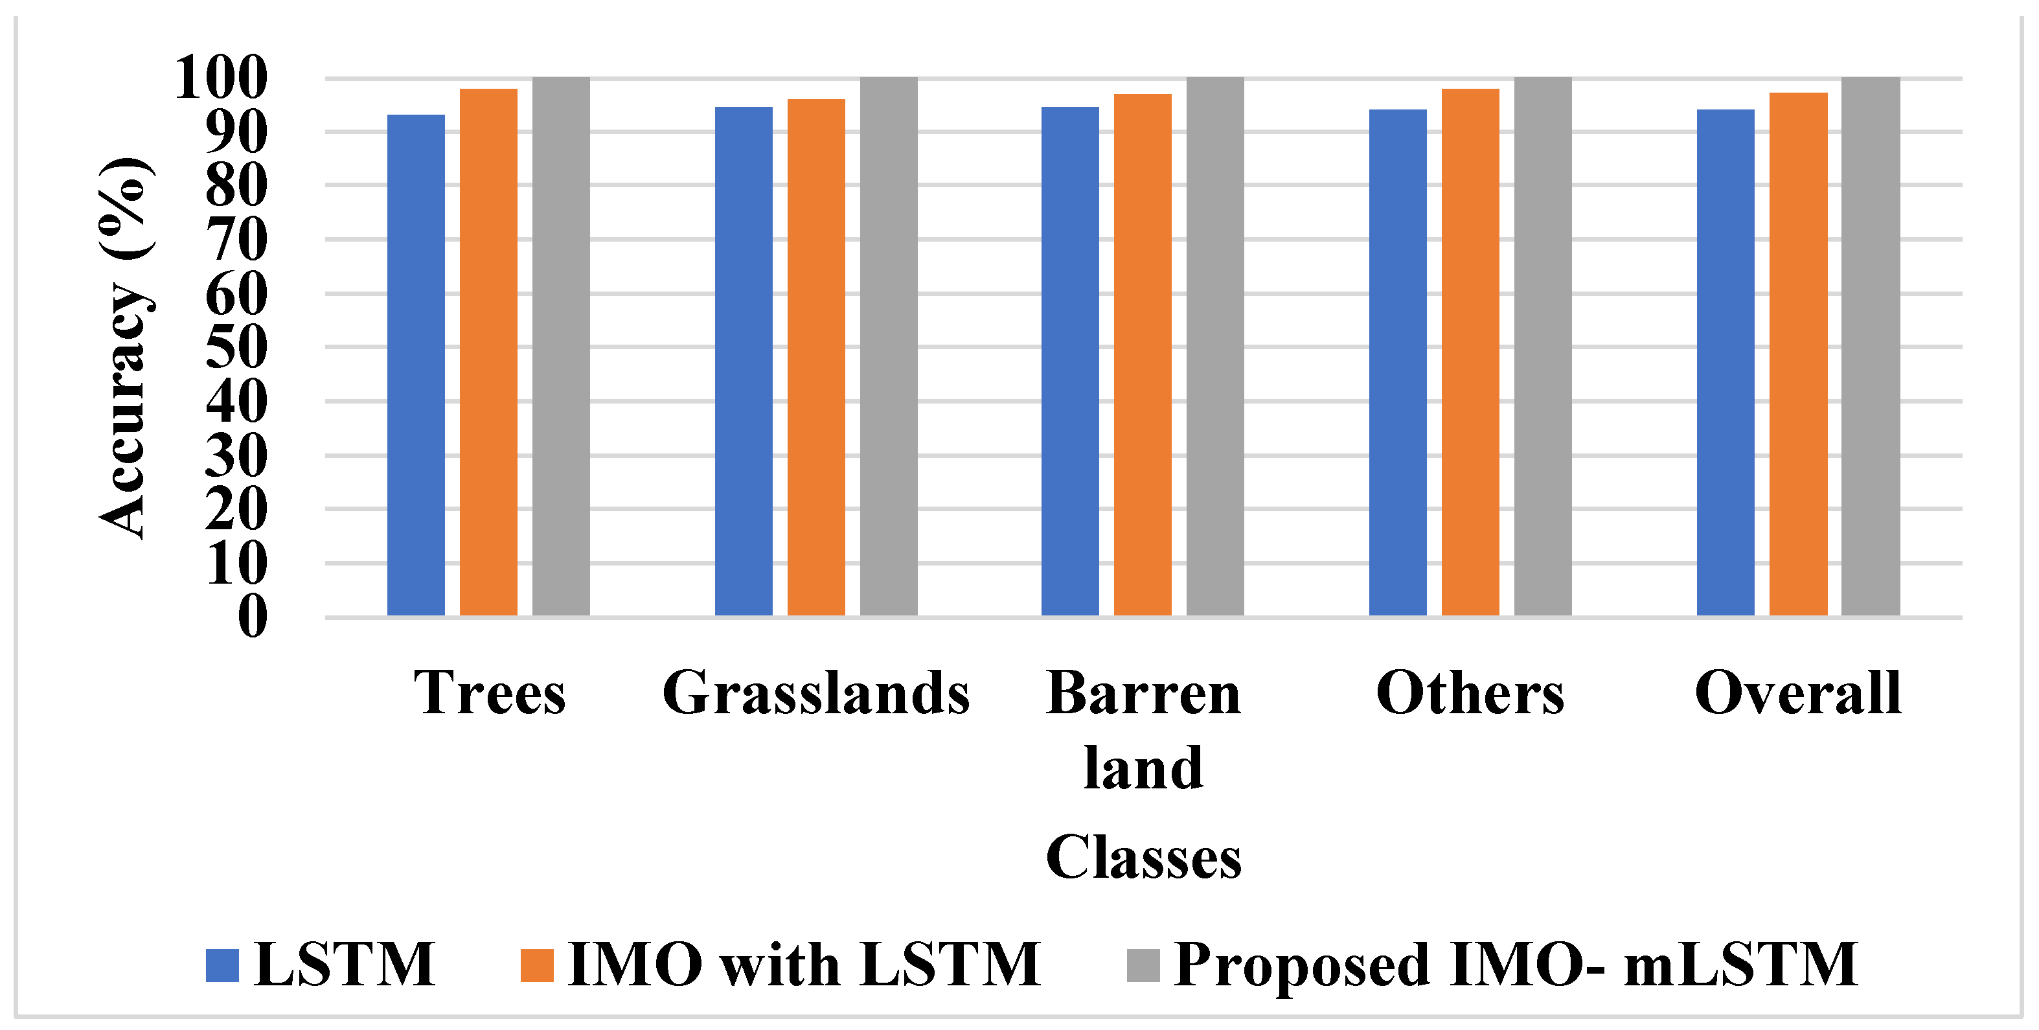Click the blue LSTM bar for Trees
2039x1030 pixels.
(416, 364)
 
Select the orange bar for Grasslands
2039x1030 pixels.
(816, 356)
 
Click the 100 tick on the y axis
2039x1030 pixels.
(221, 78)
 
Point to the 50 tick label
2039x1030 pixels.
(236, 347)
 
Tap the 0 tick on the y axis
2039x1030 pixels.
(253, 616)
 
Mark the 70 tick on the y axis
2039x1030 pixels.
(236, 239)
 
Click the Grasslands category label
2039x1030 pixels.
(816, 692)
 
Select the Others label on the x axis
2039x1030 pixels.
(1470, 692)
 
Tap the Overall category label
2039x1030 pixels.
(1797, 692)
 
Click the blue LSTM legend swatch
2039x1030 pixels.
(222, 965)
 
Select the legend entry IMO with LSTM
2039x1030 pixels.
(803, 965)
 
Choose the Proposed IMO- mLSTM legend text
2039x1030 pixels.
(1516, 965)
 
